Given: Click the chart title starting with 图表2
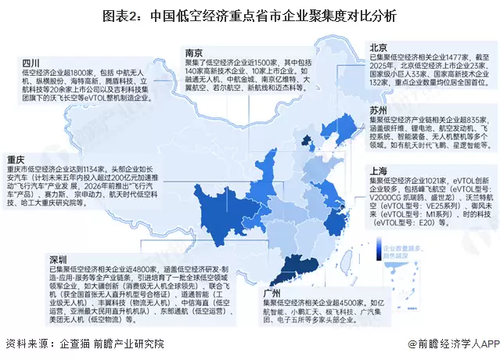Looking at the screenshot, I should (250, 15).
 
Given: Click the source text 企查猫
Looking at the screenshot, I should (67, 344).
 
